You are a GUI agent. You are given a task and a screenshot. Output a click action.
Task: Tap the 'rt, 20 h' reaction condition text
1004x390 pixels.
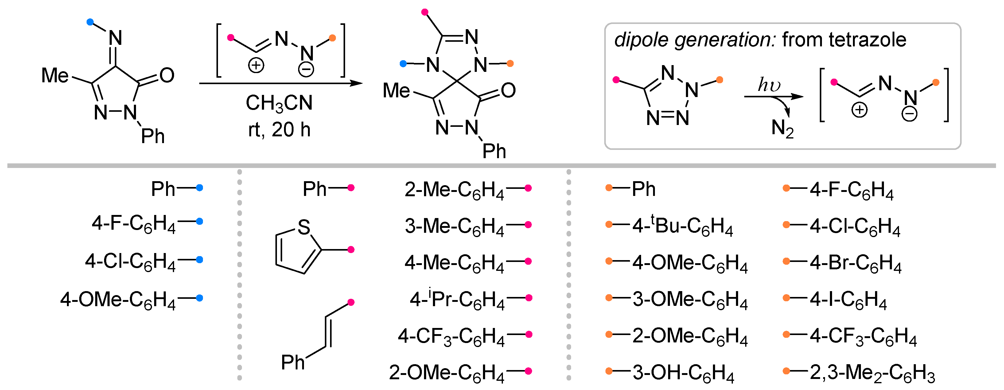coord(279,130)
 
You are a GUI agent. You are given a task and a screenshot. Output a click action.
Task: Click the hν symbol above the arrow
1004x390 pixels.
coord(769,84)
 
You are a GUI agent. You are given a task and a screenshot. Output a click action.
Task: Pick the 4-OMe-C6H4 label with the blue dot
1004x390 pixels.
coord(118,300)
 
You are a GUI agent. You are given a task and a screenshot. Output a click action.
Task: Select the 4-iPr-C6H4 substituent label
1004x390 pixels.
coord(457,299)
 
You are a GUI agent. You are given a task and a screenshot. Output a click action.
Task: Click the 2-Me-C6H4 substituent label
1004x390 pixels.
coord(454,190)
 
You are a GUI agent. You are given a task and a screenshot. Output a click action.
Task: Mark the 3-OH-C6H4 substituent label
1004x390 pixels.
coord(683,372)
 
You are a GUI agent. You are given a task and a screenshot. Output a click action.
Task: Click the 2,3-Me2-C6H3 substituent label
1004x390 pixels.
coord(872,372)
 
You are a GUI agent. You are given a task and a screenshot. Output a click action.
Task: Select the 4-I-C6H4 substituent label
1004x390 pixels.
coord(848,299)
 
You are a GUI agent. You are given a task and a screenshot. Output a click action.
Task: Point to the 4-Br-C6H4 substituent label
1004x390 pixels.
coord(855,263)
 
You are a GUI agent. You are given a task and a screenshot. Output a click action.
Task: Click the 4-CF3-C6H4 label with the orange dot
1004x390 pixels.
coord(863,336)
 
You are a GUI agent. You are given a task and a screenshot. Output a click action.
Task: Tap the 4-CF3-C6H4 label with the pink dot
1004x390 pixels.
coord(451,336)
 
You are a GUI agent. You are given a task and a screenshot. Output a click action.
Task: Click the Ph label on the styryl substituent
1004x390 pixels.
coord(293,362)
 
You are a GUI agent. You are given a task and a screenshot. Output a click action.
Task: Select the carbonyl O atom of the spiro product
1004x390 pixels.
coord(508,91)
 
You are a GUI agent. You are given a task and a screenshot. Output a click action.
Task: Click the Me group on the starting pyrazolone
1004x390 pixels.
coord(55,75)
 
